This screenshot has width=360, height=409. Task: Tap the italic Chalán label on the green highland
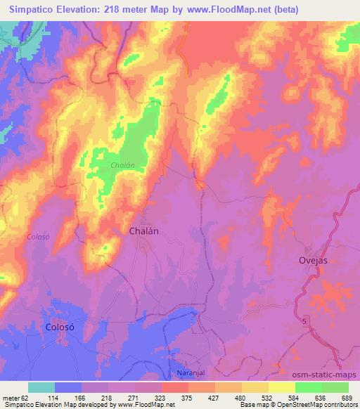pyautogui.click(x=122, y=165)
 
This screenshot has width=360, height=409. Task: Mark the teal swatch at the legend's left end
pyautogui.click(x=41, y=387)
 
